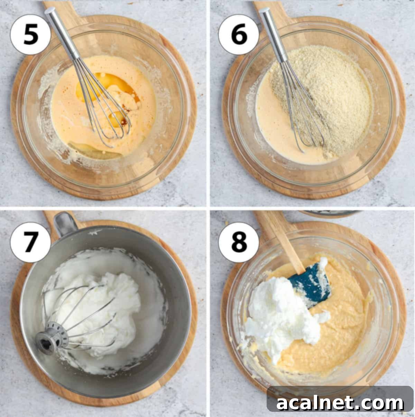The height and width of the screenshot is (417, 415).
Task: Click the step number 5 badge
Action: pyautogui.click(x=30, y=34)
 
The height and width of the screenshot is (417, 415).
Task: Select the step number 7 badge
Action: pyautogui.click(x=30, y=242)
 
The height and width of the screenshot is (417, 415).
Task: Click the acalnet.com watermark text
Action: pyautogui.click(x=340, y=403)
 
